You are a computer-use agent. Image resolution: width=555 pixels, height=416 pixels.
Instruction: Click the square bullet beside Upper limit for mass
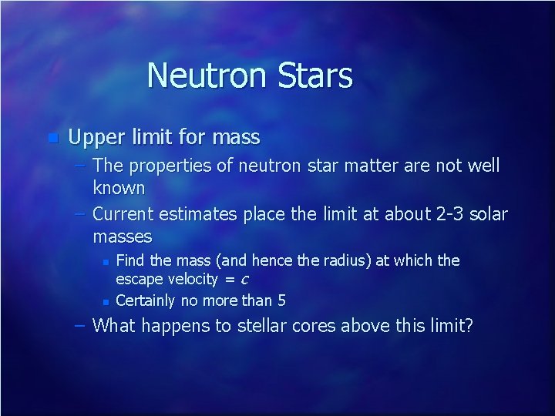point(52,139)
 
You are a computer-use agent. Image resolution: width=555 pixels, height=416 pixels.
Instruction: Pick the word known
point(119,187)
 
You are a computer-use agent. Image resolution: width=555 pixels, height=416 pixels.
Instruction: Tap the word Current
point(126,214)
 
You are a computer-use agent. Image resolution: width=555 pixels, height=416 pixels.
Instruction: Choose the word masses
point(123,236)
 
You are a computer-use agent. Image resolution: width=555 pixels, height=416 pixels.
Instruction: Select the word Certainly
point(147,300)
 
